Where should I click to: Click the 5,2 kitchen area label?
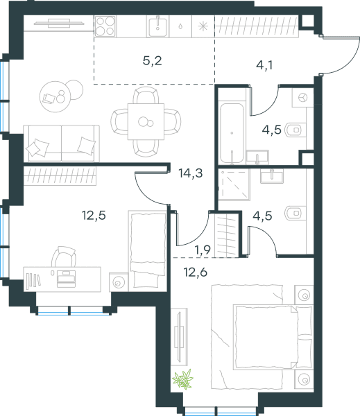click(152, 61)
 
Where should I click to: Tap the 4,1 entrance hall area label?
click(264, 65)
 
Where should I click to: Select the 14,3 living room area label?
click(191, 173)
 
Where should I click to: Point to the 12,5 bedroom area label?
click(94, 215)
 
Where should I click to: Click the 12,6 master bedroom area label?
click(196, 272)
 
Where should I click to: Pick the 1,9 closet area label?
click(203, 250)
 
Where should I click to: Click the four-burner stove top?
click(105, 26)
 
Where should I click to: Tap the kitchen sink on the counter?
click(157, 26)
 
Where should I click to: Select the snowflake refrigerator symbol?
click(203, 26)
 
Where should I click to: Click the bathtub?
click(232, 133)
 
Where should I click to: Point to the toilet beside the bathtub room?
click(295, 130)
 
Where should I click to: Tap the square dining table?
click(146, 121)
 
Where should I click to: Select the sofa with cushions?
click(61, 144)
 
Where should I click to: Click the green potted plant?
click(182, 379)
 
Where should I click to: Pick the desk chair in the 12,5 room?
click(64, 257)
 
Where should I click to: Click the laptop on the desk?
click(66, 279)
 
